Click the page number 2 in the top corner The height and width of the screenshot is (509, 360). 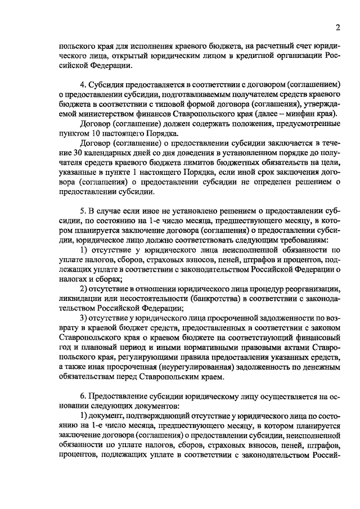tap(337, 28)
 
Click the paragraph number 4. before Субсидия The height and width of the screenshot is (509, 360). tap(82, 85)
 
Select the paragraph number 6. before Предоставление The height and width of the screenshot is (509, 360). tap(82, 396)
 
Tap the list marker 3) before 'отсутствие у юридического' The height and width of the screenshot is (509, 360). tap(82, 318)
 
